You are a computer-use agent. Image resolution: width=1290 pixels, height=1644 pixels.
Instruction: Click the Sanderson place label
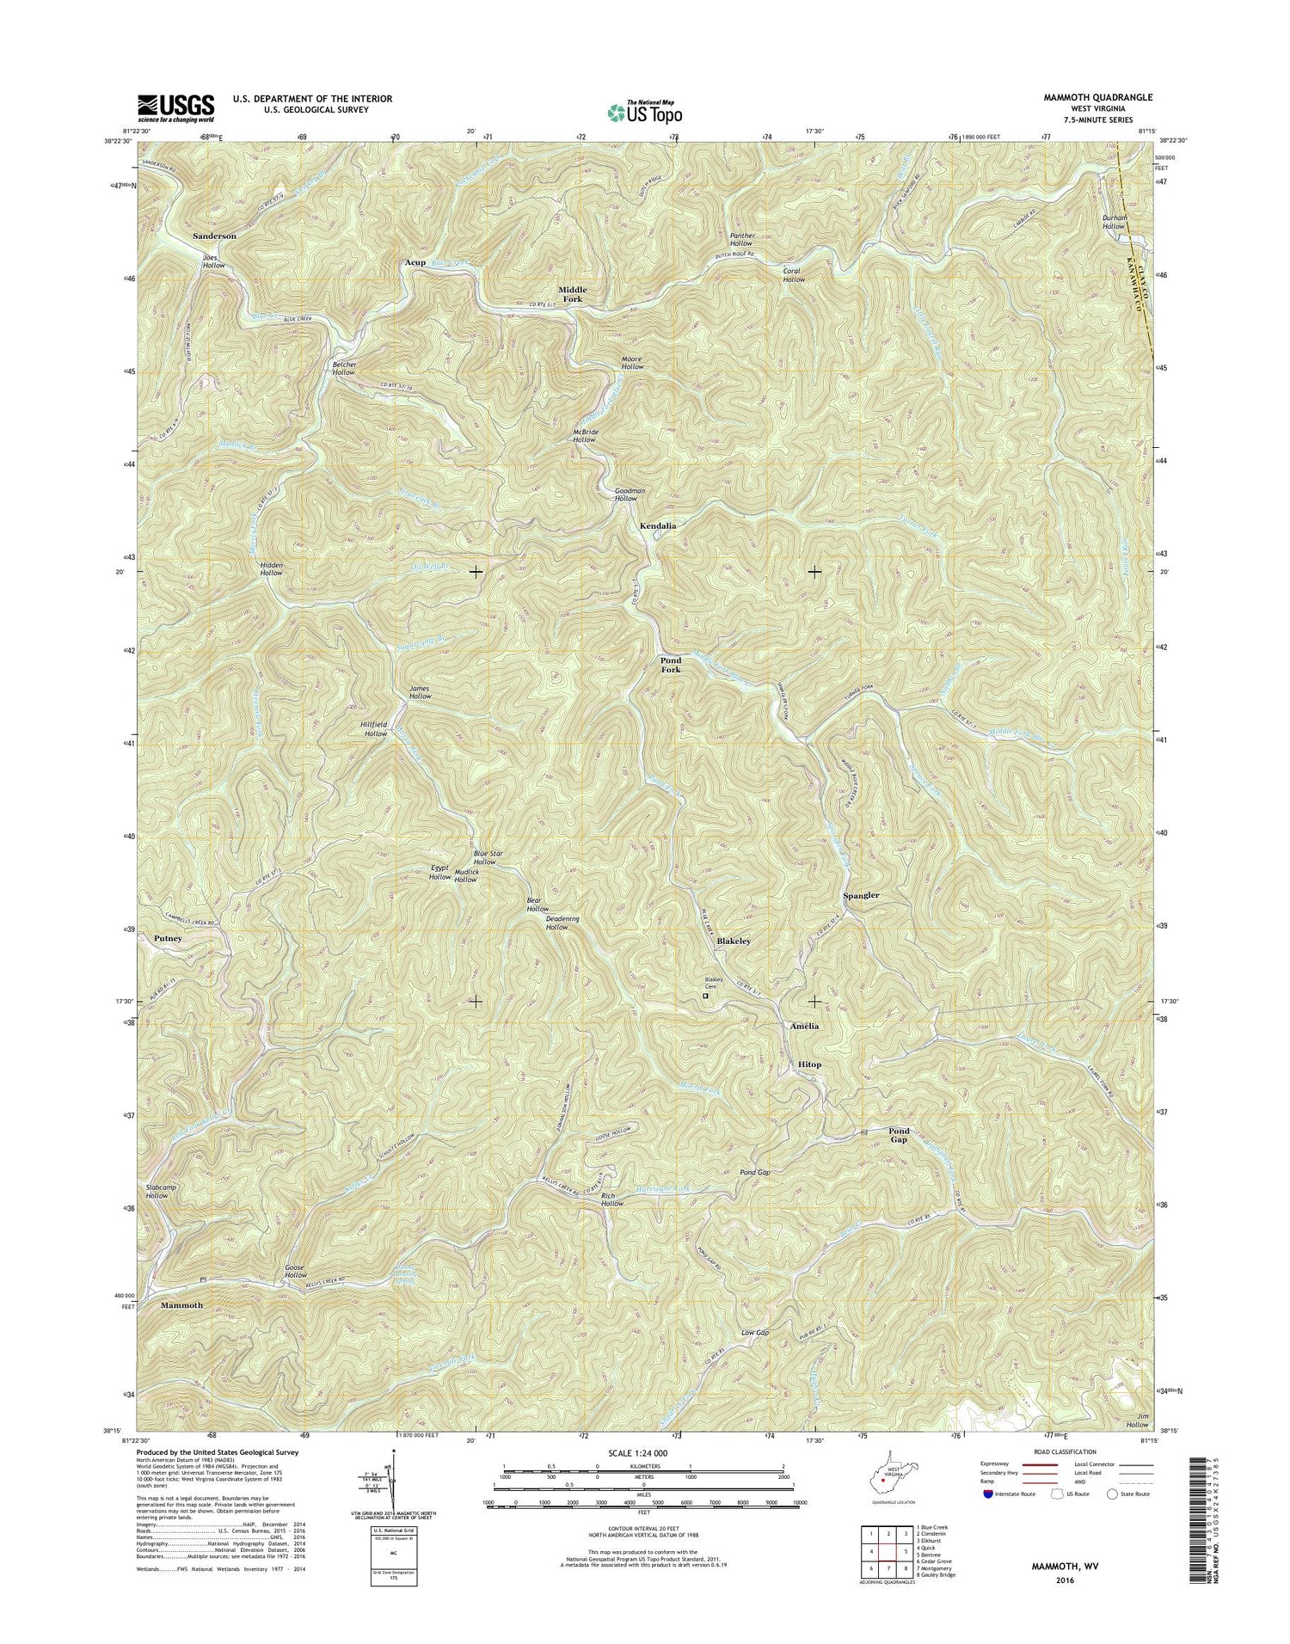(214, 236)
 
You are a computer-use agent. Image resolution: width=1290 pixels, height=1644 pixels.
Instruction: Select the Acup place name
(415, 262)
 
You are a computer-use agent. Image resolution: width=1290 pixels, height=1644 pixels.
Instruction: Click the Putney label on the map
(168, 938)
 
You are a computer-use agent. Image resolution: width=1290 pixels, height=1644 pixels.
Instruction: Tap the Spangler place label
(861, 895)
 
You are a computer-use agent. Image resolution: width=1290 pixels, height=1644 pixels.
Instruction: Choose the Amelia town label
(804, 1026)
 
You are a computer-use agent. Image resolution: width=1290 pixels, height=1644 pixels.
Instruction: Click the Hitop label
(809, 1064)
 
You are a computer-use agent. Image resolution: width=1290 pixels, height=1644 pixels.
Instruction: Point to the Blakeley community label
(734, 942)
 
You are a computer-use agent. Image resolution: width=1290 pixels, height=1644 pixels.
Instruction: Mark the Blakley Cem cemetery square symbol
(705, 996)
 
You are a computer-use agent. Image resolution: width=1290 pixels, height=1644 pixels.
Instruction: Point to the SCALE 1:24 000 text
(642, 1452)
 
